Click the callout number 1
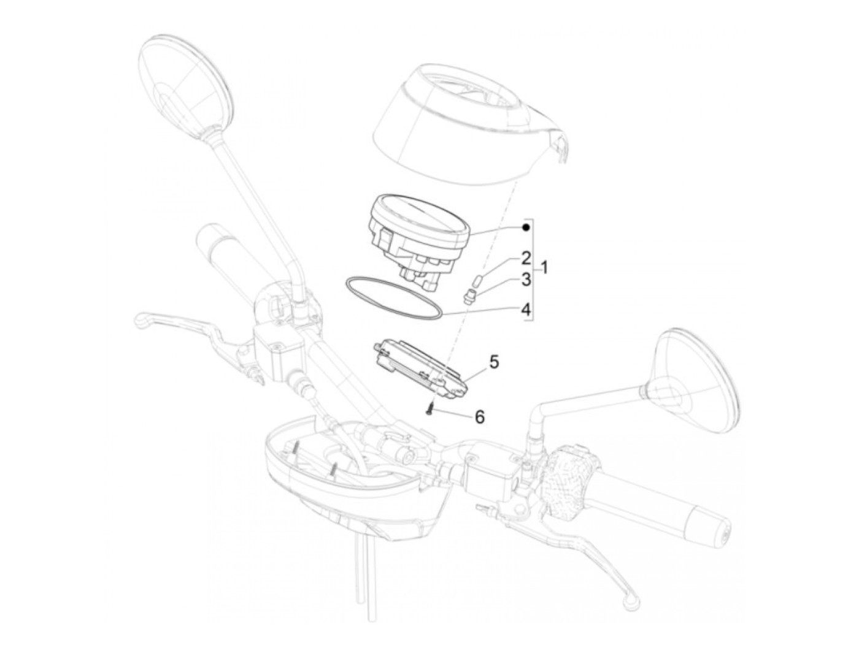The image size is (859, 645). coord(544,268)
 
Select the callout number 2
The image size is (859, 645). coord(526,258)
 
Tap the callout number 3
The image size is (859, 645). coord(526,280)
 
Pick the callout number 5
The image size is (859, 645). coord(495,362)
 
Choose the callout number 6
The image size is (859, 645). coord(479,417)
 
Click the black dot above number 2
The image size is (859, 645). coord(526,227)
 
